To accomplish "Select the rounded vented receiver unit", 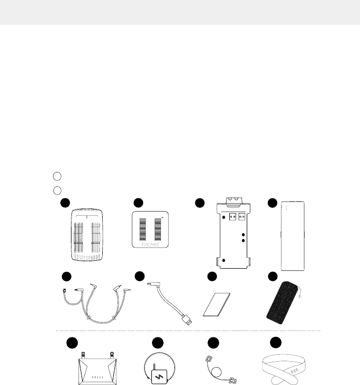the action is coord(88,236).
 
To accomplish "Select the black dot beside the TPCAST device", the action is coord(138,202).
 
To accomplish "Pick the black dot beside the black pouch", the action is coord(273,277).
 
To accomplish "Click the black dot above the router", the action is coord(72,343).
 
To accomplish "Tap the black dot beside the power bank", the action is coord(273,202).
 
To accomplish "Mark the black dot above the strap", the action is coord(275,343).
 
